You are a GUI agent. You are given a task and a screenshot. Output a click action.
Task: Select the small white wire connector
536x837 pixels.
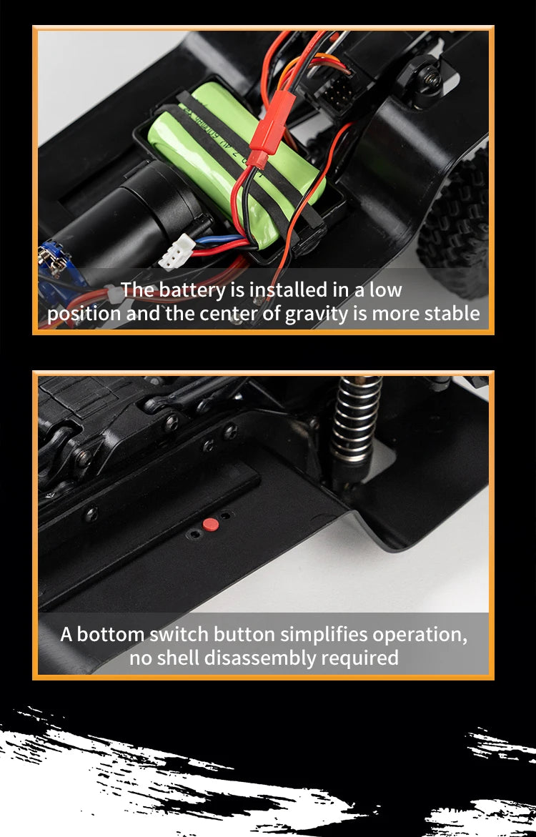[177, 252]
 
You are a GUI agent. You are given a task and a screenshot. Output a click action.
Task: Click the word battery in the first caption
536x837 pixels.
[189, 290]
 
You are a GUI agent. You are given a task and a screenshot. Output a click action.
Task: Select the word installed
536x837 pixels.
[291, 290]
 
